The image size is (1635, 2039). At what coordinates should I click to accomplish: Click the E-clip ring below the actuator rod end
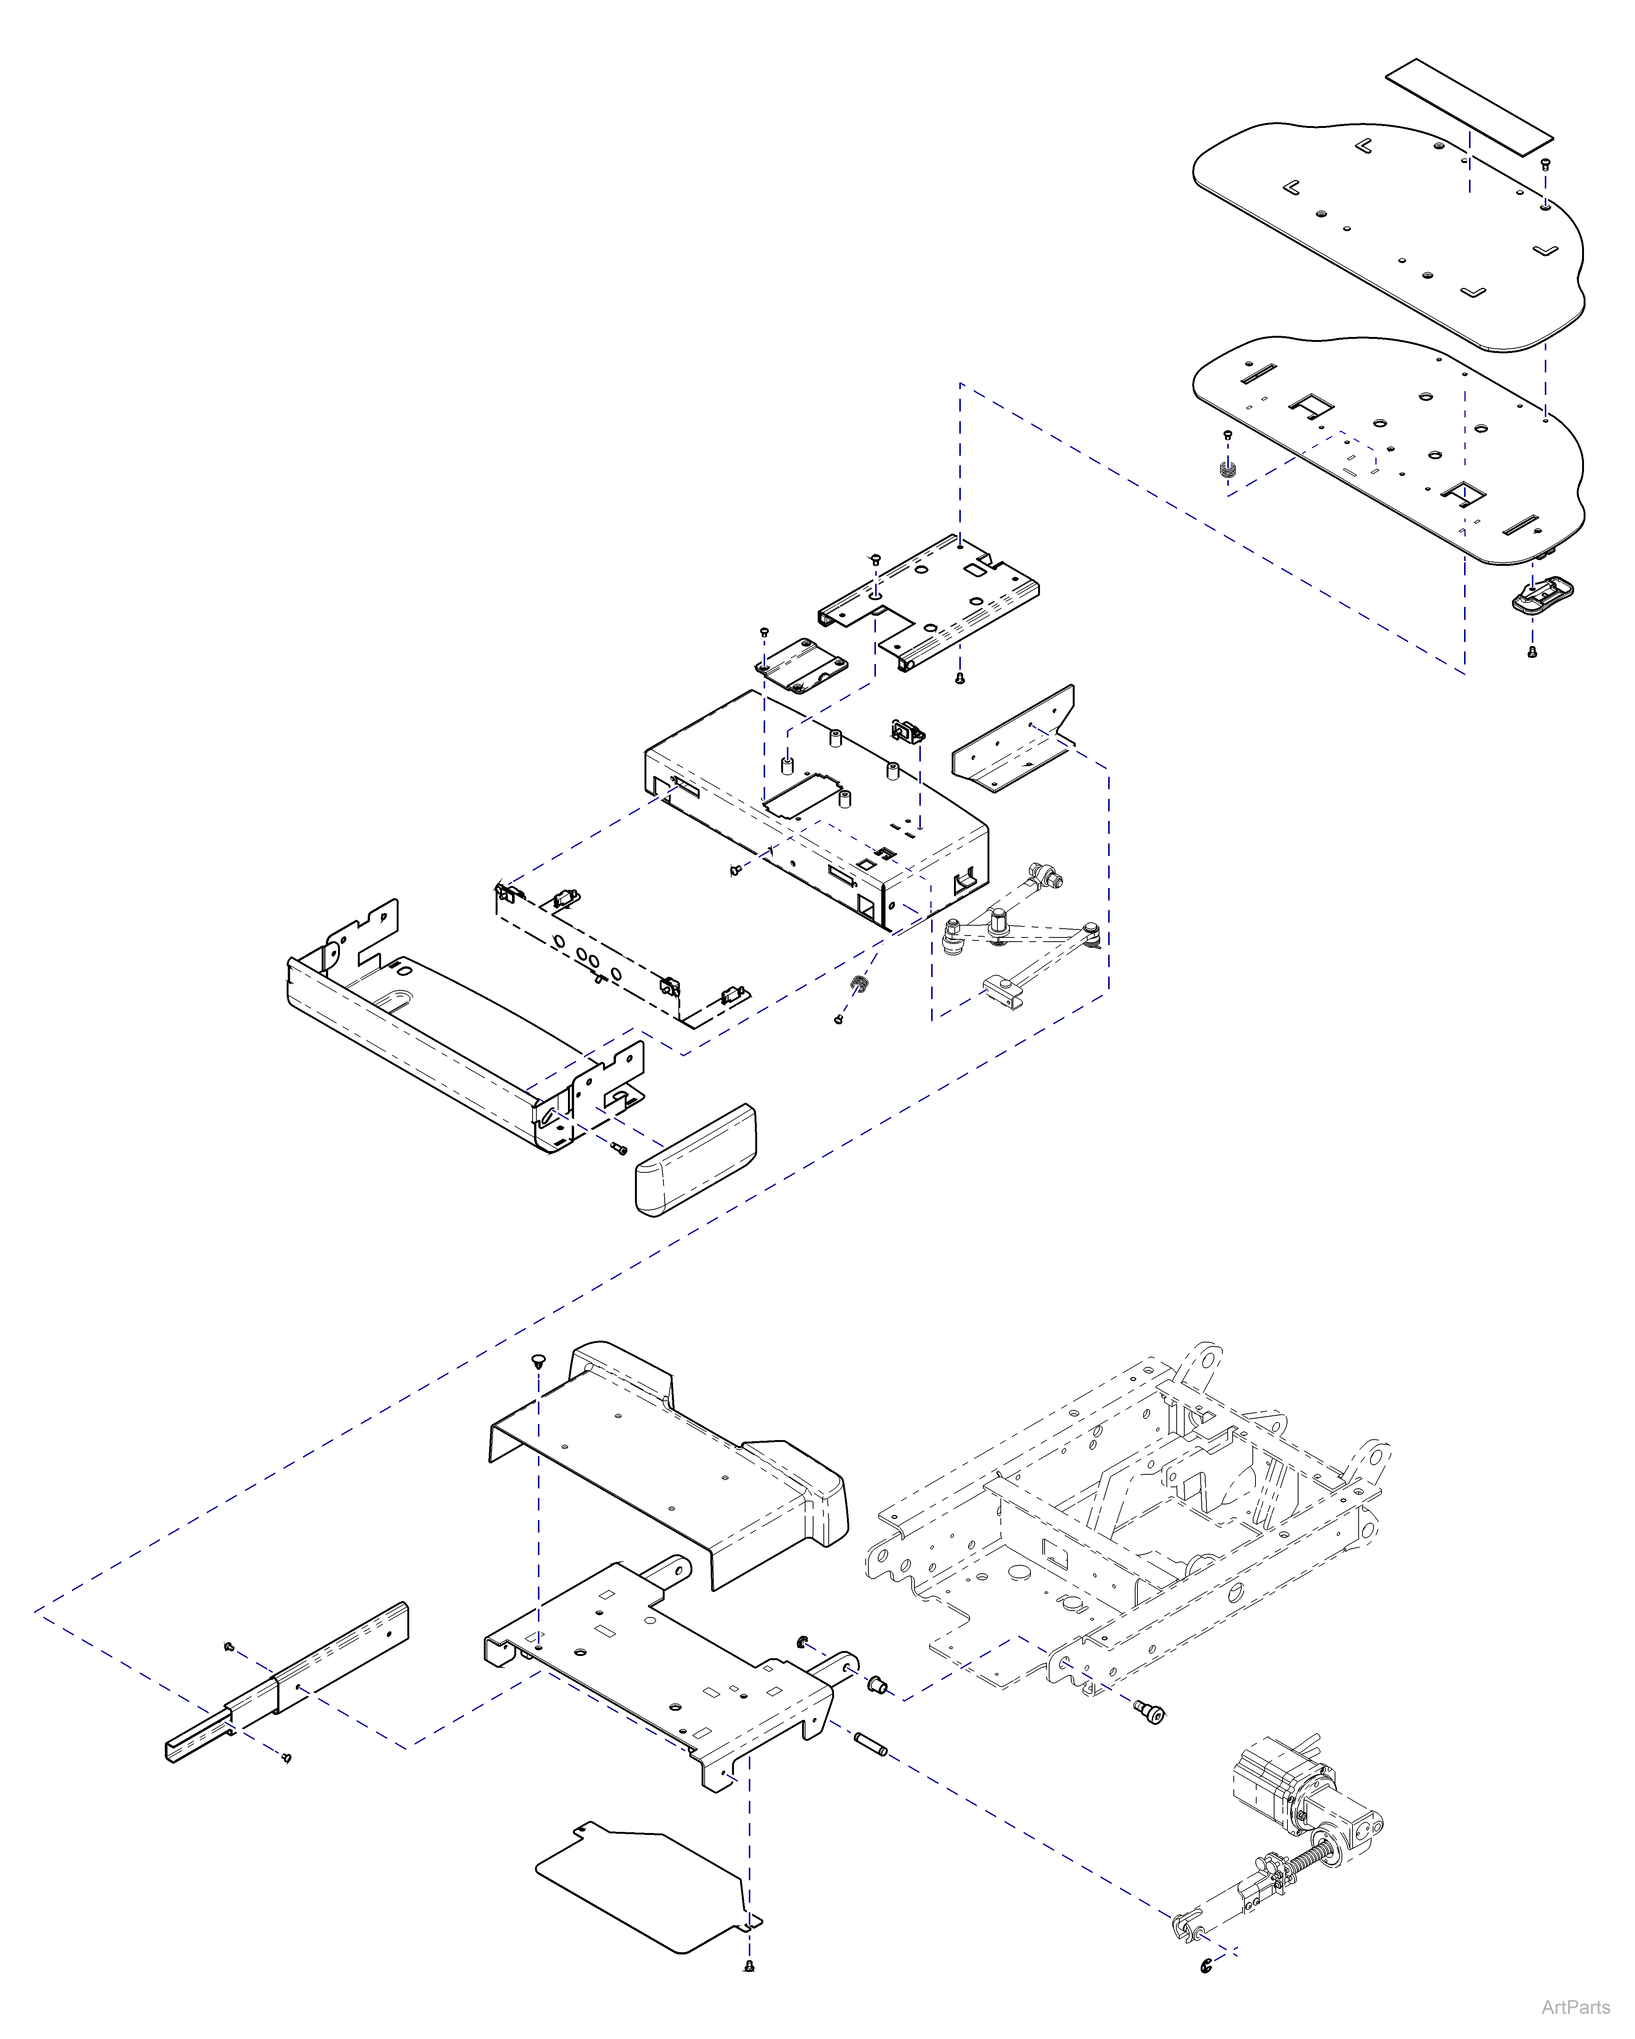[x=1207, y=1967]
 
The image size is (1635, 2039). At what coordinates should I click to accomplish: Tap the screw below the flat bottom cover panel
[x=749, y=1966]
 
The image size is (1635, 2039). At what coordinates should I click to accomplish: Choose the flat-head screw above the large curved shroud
[x=539, y=1362]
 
